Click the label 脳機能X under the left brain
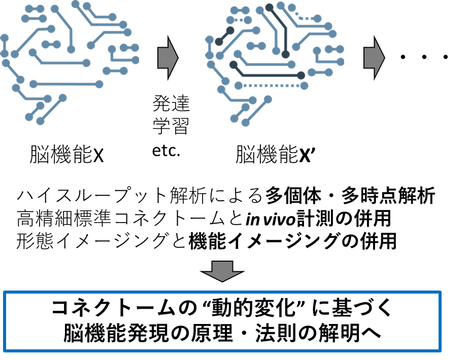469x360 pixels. tap(66, 154)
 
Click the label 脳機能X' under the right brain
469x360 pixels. tap(275, 154)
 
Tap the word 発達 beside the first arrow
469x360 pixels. tap(171, 103)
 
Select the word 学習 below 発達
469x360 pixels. tap(171, 126)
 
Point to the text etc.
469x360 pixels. tap(166, 151)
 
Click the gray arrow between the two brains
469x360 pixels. tap(168, 58)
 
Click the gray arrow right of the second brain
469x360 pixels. tap(374, 58)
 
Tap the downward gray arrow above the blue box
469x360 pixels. tap(222, 271)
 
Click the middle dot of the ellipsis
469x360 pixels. tap(424, 57)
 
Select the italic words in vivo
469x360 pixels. tap(271, 219)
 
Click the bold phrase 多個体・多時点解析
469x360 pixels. tap(350, 196)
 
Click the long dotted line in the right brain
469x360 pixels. tap(271, 86)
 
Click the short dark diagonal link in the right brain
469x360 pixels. tap(224, 36)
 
